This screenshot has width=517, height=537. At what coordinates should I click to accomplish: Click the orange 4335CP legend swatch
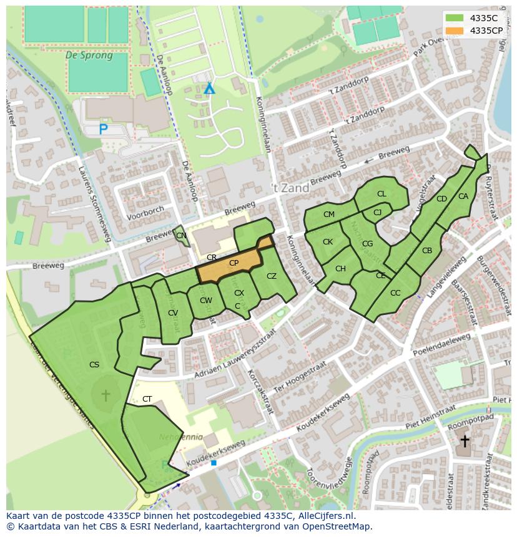(x=455, y=30)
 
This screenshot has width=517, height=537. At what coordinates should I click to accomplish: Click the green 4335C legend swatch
(x=455, y=18)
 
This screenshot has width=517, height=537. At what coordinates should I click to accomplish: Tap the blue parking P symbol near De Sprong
(x=104, y=129)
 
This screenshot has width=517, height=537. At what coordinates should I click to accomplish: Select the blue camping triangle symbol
(x=209, y=89)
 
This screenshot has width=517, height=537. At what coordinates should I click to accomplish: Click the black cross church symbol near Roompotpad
(x=465, y=441)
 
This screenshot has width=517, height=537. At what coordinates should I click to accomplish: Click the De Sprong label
(x=89, y=56)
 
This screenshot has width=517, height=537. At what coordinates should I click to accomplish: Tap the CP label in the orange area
(x=234, y=263)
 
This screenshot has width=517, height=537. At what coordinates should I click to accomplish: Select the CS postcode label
(x=94, y=365)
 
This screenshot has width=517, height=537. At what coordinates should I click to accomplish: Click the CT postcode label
(x=147, y=399)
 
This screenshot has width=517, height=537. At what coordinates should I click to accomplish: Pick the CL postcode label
(x=382, y=194)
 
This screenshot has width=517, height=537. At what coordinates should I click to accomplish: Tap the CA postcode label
(x=463, y=196)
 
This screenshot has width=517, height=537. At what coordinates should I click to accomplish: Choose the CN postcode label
(x=181, y=236)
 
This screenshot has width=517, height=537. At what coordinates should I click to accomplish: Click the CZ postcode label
(x=271, y=276)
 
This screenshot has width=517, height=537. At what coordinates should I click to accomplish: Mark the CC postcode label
(x=395, y=293)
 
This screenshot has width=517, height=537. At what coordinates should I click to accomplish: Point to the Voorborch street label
(x=145, y=211)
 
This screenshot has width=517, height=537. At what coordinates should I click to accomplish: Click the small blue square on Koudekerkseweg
(x=214, y=463)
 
